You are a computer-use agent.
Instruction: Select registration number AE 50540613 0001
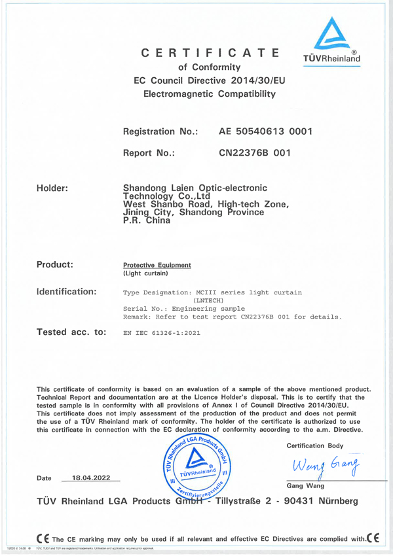click(265, 132)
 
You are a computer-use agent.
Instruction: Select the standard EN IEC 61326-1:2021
click(162, 334)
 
